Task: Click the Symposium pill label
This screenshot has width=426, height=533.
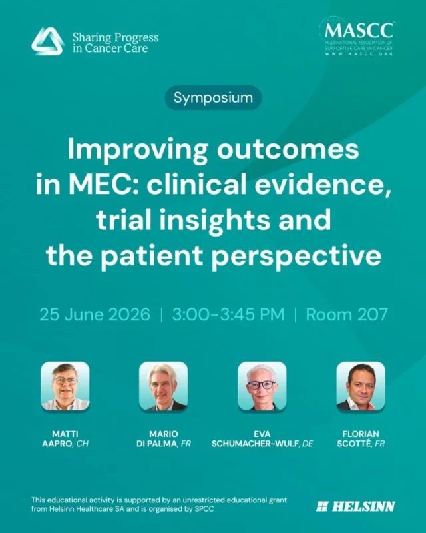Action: tap(213, 98)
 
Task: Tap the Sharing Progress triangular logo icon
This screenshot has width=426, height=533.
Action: tap(47, 41)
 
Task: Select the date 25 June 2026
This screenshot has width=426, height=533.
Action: tap(95, 314)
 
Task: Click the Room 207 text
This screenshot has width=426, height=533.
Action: tap(345, 314)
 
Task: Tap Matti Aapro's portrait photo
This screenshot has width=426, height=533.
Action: tap(65, 386)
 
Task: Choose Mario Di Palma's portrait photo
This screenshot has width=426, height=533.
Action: tap(163, 386)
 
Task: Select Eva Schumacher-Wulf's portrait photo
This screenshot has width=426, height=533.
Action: tap(262, 386)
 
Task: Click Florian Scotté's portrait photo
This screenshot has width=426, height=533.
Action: tap(360, 386)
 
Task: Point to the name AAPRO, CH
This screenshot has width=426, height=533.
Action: tap(65, 443)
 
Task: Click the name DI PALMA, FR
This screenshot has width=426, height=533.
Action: tap(163, 443)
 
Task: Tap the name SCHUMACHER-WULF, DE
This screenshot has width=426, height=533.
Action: tap(262, 443)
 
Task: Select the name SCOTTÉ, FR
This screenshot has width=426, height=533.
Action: tap(360, 443)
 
